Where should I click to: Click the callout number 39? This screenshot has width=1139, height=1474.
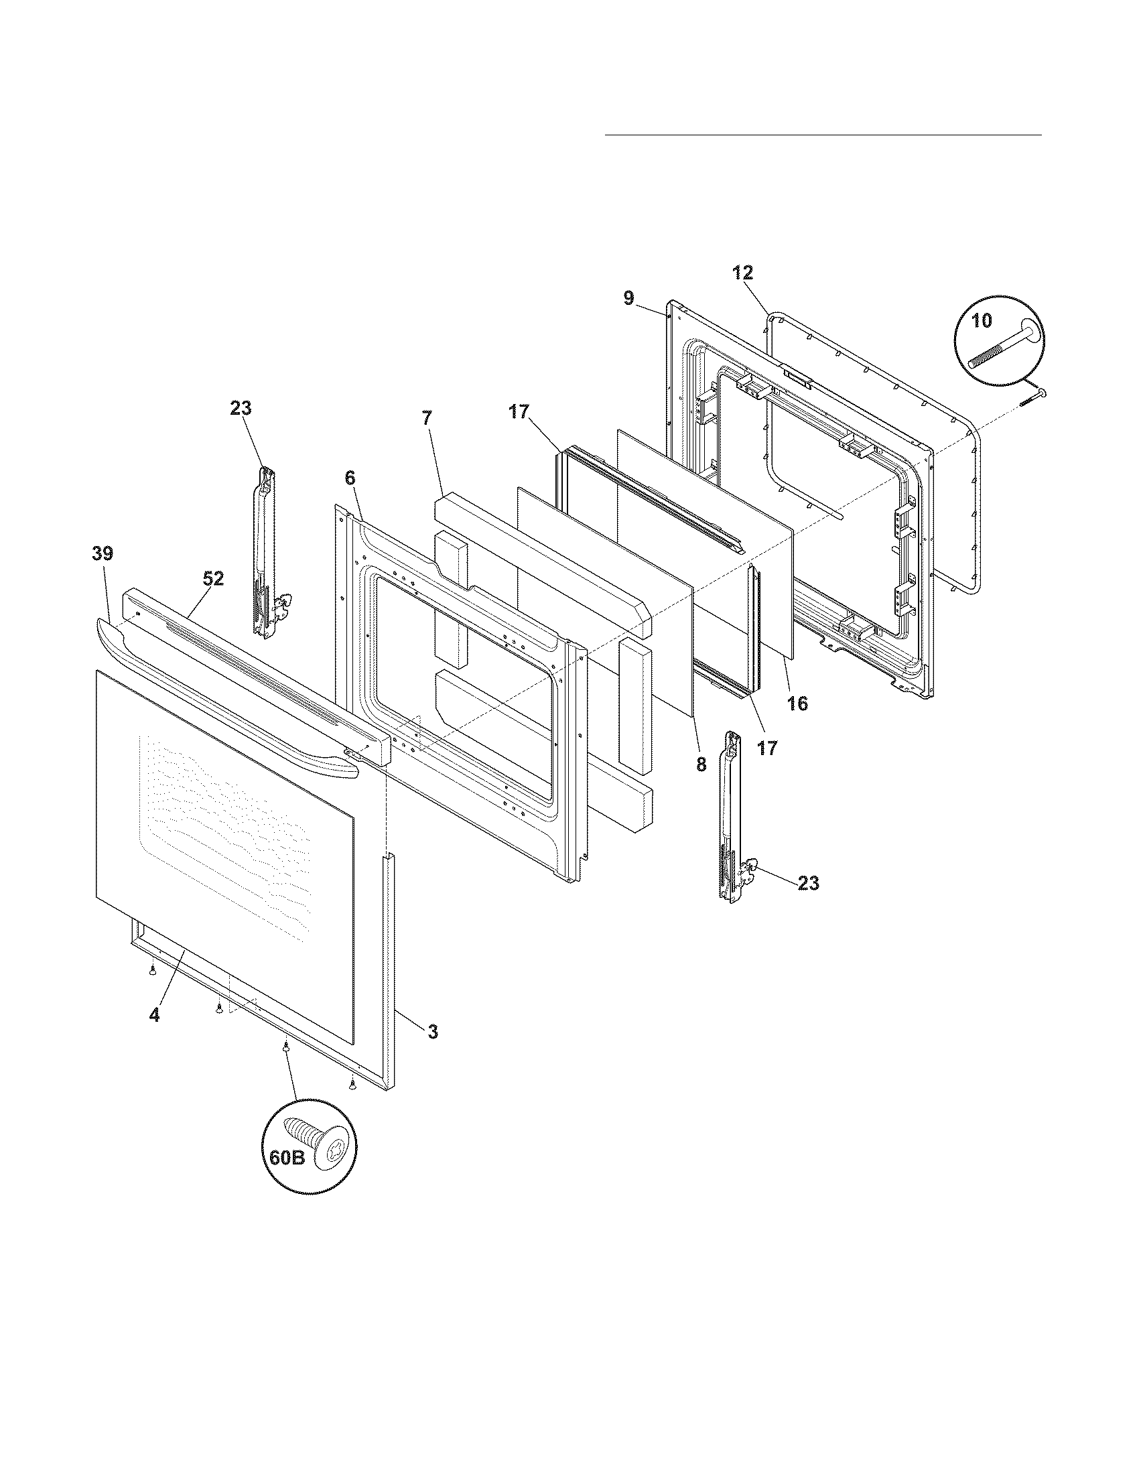[x=103, y=554]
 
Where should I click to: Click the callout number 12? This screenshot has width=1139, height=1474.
[x=742, y=273]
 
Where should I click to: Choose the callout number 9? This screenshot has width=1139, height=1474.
[x=628, y=297]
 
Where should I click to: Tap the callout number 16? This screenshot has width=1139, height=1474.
[x=797, y=703]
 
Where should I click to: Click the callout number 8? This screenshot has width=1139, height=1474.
[x=701, y=764]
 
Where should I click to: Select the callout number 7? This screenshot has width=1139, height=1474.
[x=426, y=418]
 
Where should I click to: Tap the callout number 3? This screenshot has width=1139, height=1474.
[x=433, y=1031]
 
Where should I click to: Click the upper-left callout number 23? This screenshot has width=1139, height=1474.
[x=241, y=408]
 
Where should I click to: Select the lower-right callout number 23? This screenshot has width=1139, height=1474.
[x=809, y=883]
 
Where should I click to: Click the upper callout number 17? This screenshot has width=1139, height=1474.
[x=519, y=411]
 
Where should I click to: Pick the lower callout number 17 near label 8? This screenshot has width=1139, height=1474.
[x=767, y=748]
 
